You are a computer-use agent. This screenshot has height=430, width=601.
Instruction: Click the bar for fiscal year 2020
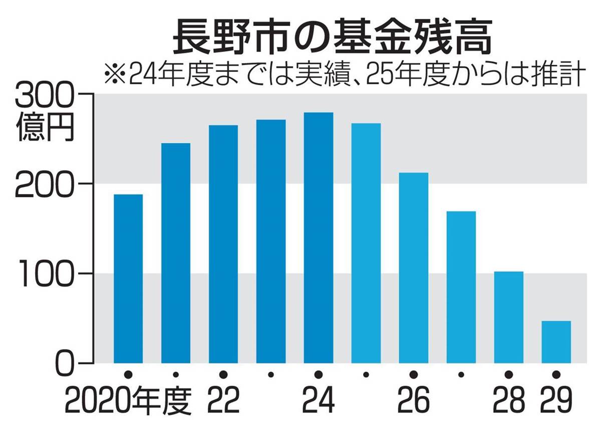click(128, 278)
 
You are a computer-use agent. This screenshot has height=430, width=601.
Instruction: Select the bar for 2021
click(176, 253)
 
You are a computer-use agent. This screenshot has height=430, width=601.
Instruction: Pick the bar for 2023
click(271, 241)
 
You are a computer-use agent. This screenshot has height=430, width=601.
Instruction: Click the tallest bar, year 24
click(319, 237)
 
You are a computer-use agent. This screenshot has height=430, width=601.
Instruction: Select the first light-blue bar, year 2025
click(366, 243)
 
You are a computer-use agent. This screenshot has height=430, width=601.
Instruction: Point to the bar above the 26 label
click(414, 267)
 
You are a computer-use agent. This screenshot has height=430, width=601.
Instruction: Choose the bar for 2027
click(461, 287)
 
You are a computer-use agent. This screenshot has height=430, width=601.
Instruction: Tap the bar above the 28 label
click(508, 317)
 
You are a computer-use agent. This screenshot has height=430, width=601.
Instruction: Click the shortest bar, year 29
click(556, 342)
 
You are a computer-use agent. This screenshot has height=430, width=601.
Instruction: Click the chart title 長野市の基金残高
click(331, 37)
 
